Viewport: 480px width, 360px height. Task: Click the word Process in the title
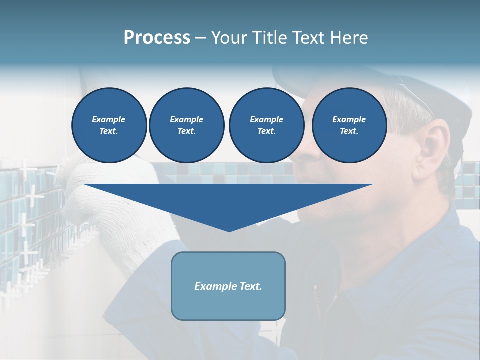(x=157, y=38)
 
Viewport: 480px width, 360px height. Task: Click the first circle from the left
(x=109, y=125)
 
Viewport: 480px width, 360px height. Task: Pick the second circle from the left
(x=187, y=125)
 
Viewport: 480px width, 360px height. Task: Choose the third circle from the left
(x=266, y=125)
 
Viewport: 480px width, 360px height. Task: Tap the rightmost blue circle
(x=349, y=125)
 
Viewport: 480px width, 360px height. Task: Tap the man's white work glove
(x=100, y=200)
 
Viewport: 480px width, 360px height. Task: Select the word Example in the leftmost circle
(x=109, y=119)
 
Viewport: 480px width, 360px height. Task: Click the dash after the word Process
(x=200, y=38)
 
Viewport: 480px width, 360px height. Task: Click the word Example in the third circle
(x=266, y=119)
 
